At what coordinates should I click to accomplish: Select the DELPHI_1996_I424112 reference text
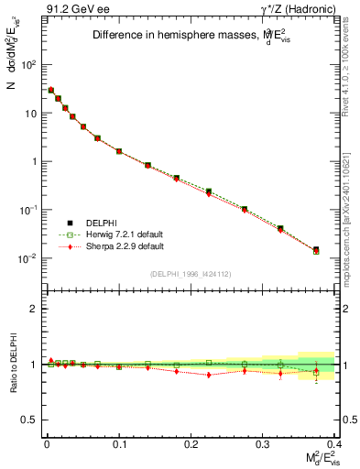(189, 274)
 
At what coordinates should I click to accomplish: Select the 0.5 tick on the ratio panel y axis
(29, 420)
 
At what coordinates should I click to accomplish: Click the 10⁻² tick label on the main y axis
(27, 258)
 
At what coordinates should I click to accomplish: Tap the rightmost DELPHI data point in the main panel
(316, 249)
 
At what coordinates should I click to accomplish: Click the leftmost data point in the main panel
(51, 90)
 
